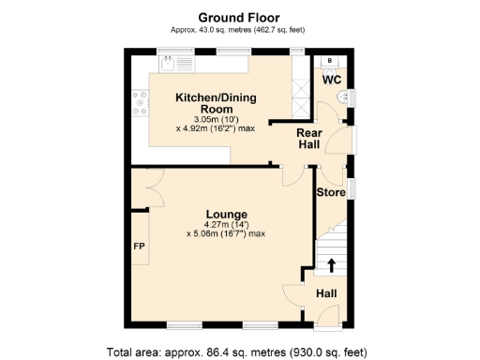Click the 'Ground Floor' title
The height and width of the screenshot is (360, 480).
pyautogui.click(x=239, y=16)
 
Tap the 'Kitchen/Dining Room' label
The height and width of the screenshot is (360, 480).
pyautogui.click(x=217, y=103)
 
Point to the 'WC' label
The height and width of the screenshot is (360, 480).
pyautogui.click(x=332, y=80)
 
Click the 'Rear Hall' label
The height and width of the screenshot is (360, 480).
pyautogui.click(x=310, y=139)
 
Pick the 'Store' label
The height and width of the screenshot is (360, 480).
pyautogui.click(x=330, y=192)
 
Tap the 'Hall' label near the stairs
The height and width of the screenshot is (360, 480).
pyautogui.click(x=326, y=293)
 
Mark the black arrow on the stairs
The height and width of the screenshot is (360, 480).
pyautogui.click(x=330, y=264)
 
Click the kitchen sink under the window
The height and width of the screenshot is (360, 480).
pyautogui.click(x=169, y=65)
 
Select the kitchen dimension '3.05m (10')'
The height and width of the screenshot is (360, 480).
pyautogui.click(x=215, y=119)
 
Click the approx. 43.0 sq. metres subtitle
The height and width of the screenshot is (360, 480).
pyautogui.click(x=239, y=30)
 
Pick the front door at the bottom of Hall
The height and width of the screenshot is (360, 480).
pyautogui.click(x=327, y=327)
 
